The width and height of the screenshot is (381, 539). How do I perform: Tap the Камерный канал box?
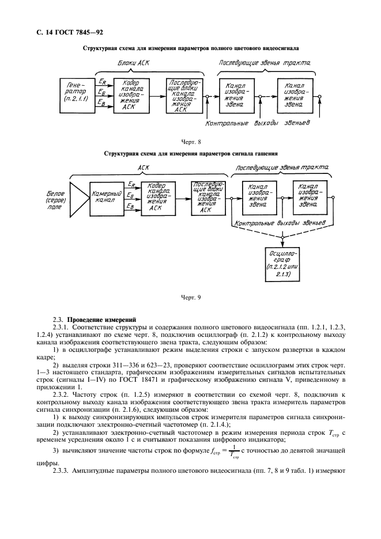[106, 198]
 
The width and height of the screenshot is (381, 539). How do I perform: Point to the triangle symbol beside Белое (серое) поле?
[76, 198]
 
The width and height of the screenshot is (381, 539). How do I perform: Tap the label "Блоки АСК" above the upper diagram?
[134, 63]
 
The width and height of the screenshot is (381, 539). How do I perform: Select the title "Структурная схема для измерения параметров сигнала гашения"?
[190, 154]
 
